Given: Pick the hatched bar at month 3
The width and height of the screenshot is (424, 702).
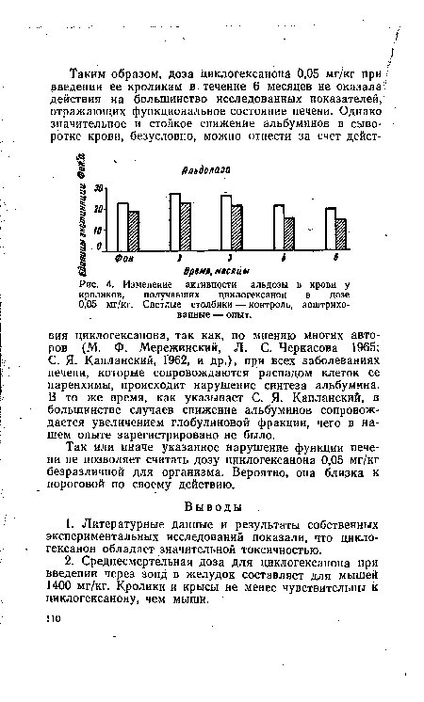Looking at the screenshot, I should (x=236, y=227).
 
